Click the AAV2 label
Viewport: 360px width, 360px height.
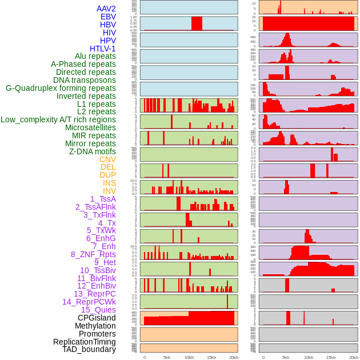tap(106, 9)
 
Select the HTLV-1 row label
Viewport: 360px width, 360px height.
tap(103, 49)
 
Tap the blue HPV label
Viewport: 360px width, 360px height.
tap(108, 41)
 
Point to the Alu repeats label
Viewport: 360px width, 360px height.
tap(95, 56)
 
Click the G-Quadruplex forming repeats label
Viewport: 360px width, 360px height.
tap(61, 88)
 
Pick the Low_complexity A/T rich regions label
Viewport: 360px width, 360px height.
tap(58, 119)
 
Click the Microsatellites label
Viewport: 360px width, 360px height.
tap(90, 127)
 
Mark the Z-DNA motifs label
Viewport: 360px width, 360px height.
tap(93, 151)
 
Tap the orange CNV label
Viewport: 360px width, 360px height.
tap(107, 159)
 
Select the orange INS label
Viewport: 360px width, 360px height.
tap(109, 183)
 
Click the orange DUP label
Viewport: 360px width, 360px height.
tap(107, 175)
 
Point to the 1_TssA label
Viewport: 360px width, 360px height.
tap(103, 199)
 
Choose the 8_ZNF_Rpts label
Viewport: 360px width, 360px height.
tap(93, 254)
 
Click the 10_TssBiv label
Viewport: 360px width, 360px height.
tap(98, 270)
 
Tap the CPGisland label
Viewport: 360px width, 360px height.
tap(97, 318)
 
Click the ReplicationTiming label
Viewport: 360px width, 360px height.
tap(84, 342)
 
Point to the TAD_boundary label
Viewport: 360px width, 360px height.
tap(89, 349)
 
